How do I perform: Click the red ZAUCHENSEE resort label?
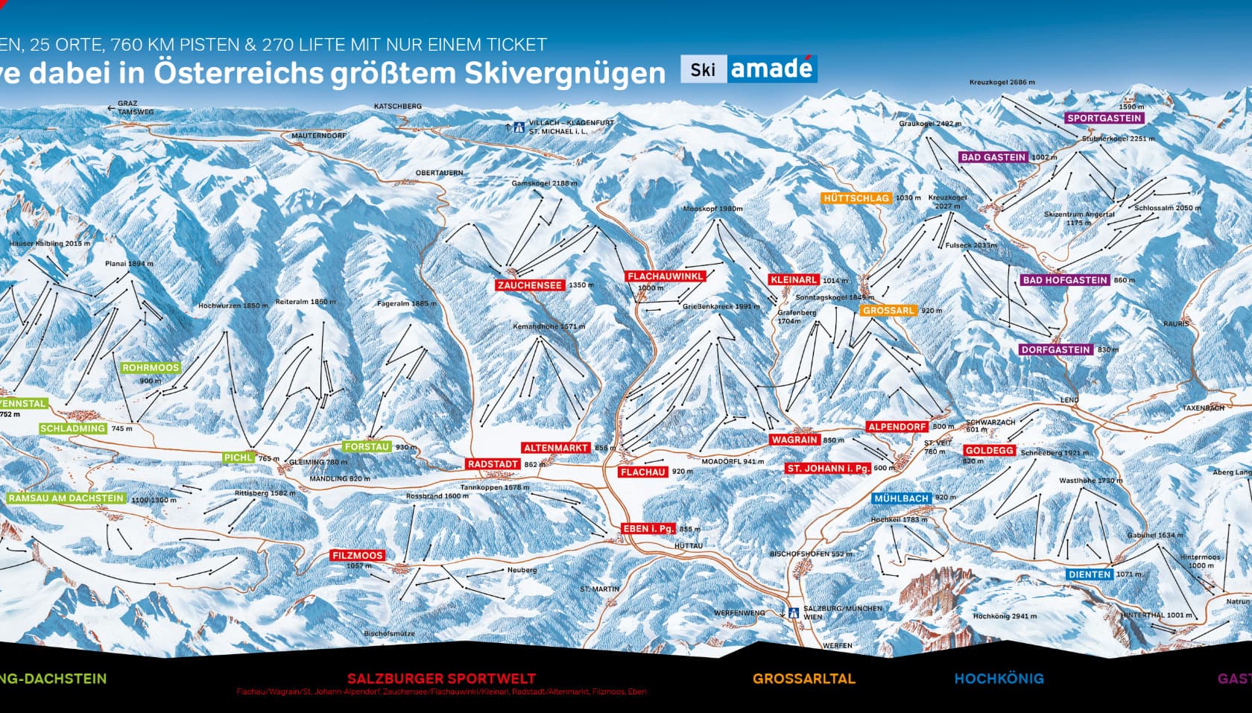[x=530, y=285]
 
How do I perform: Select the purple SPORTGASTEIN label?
[x=1104, y=118]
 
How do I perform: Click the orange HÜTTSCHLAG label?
[x=856, y=198]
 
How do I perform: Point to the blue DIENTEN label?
[x=1090, y=574]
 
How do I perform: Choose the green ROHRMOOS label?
[x=151, y=368]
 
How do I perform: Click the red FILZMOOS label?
[x=358, y=556]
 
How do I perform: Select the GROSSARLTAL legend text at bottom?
[x=803, y=679]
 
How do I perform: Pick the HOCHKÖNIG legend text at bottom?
[x=999, y=679]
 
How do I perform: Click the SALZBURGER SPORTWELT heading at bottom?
[x=441, y=679]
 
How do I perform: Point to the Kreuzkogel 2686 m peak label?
[x=1002, y=83]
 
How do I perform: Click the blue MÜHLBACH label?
[x=902, y=498]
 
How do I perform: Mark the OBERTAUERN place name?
[x=439, y=173]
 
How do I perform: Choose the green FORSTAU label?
[x=367, y=447]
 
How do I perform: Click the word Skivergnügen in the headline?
[x=565, y=73]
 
